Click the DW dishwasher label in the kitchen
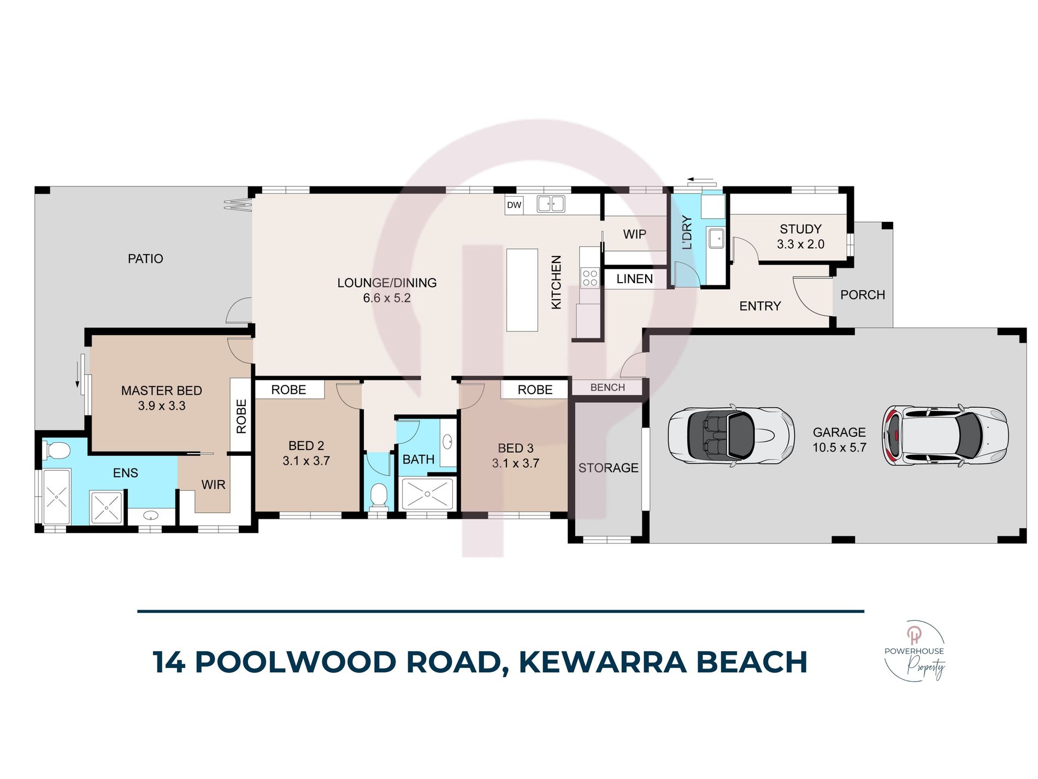(x=514, y=205)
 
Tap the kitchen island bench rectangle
(x=522, y=290)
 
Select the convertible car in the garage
(x=730, y=436)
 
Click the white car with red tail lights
(x=946, y=436)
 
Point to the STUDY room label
(x=800, y=229)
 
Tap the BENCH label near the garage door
(x=608, y=388)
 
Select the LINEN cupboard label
(x=634, y=279)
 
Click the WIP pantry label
(x=634, y=235)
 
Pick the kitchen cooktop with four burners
(x=589, y=278)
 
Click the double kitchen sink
(x=551, y=204)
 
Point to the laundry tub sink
(x=716, y=238)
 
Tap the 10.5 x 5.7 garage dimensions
(x=839, y=448)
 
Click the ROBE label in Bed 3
(x=535, y=390)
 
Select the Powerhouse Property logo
(x=915, y=651)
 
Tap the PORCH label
(x=862, y=295)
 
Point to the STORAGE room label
(x=608, y=468)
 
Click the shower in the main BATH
(x=427, y=494)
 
